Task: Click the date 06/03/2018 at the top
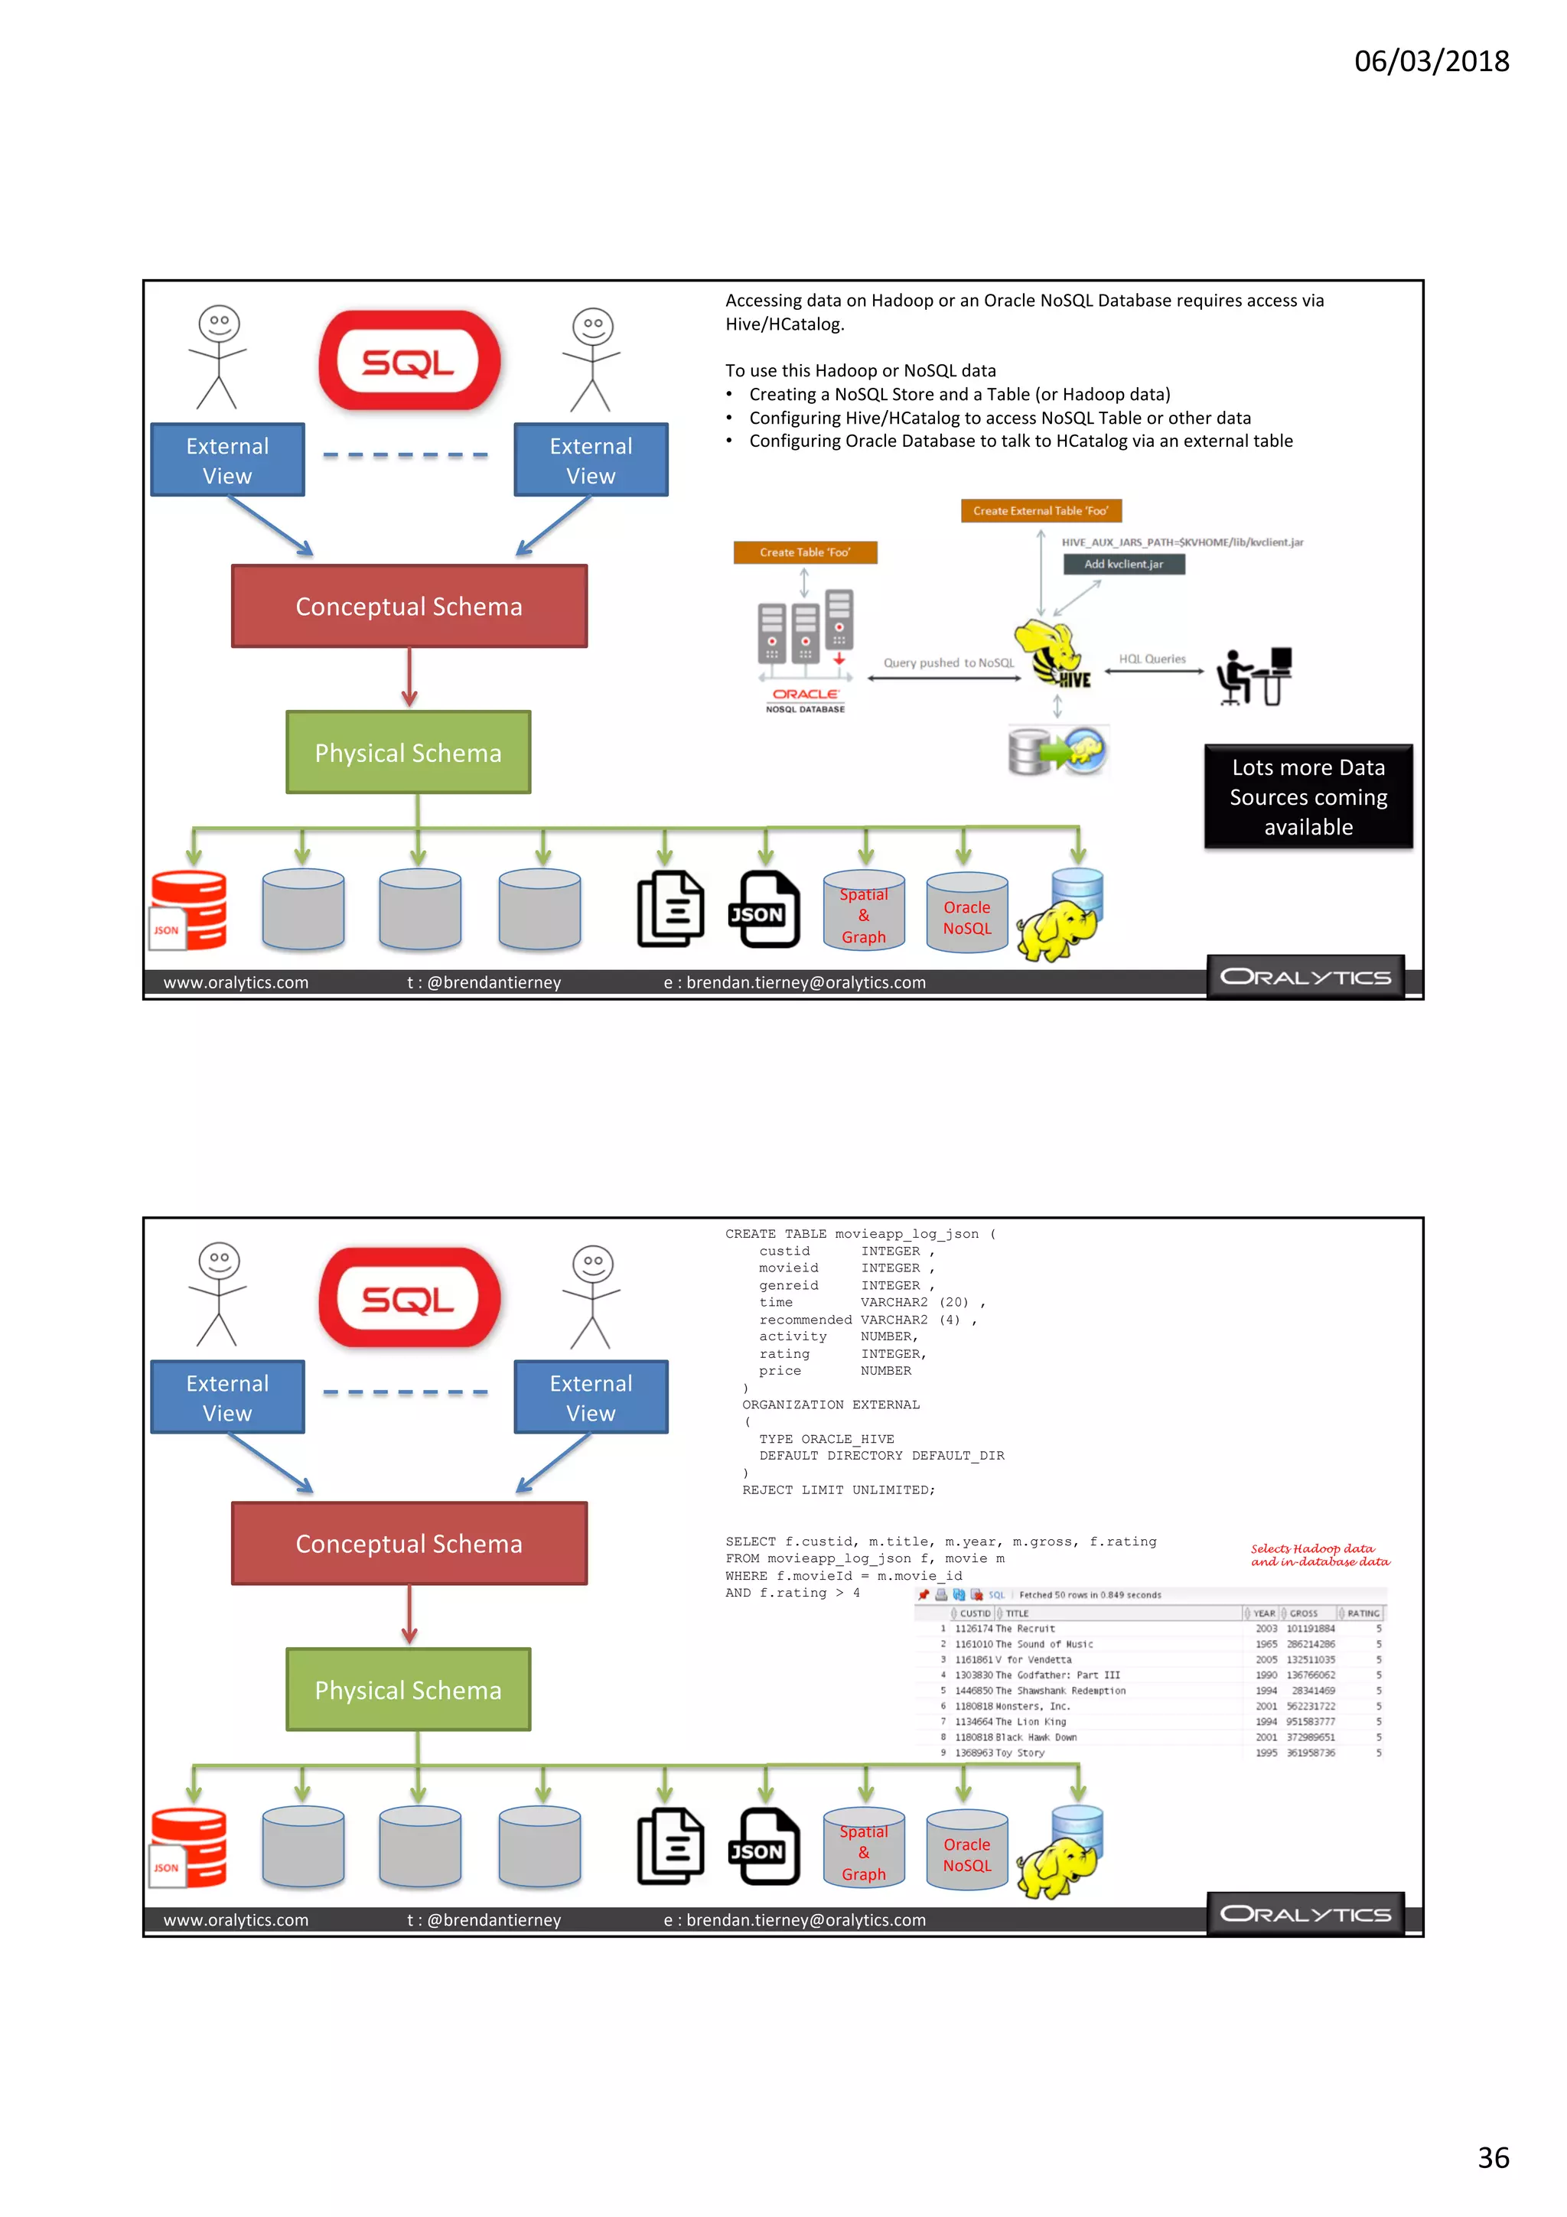click(x=1431, y=61)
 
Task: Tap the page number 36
click(x=1493, y=2157)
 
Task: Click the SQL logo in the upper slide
click(x=409, y=361)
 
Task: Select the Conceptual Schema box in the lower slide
click(x=409, y=1543)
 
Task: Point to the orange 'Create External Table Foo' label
click(x=1040, y=511)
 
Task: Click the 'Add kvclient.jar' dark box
click(x=1123, y=564)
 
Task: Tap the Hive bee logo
click(x=1051, y=655)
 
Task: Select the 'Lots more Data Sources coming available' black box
click(x=1308, y=796)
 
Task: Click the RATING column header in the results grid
click(x=1361, y=1613)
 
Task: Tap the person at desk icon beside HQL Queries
click(x=1253, y=676)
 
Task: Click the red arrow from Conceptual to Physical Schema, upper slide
click(x=409, y=677)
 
